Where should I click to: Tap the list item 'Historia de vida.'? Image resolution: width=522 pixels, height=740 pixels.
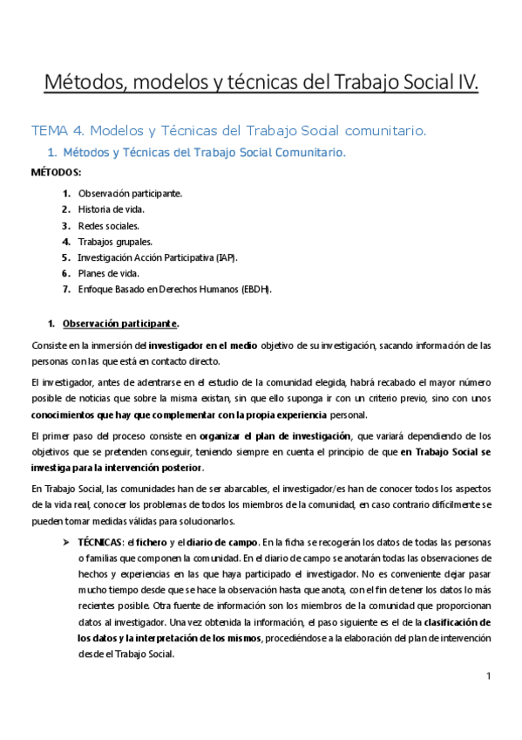pos(112,209)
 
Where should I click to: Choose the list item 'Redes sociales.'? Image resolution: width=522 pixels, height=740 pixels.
pos(108,225)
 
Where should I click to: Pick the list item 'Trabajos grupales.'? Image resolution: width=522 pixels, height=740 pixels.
pos(115,241)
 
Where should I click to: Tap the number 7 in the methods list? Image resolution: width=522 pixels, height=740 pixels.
pos(66,289)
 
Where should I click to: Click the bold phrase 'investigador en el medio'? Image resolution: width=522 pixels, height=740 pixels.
pos(206,346)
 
